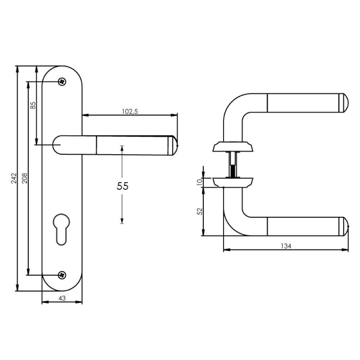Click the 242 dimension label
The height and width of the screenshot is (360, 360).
click(x=14, y=179)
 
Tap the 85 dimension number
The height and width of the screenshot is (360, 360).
click(x=33, y=105)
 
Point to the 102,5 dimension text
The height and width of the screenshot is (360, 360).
click(x=130, y=112)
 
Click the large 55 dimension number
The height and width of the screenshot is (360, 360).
click(x=122, y=186)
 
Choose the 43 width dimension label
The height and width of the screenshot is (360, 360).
click(x=62, y=298)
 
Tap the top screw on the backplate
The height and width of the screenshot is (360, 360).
click(x=63, y=82)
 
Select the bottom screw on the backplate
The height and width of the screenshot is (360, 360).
click(x=63, y=275)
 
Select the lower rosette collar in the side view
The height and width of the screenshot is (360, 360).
click(x=233, y=182)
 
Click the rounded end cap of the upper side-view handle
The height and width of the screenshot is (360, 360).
click(x=344, y=103)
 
